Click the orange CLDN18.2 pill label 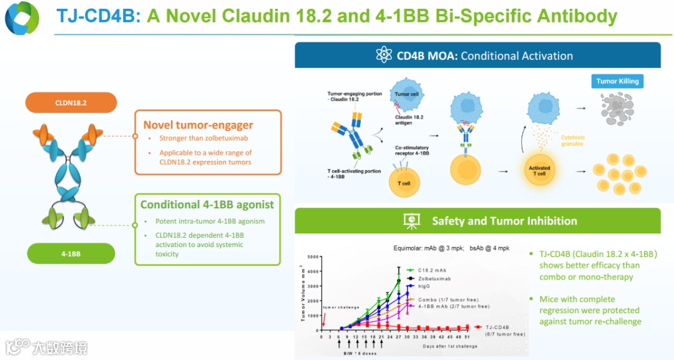click(71, 102)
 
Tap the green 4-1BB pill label click(71, 253)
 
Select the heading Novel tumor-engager click(198, 125)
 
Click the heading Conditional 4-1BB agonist click(207, 205)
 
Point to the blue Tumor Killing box click(617, 81)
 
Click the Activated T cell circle click(540, 170)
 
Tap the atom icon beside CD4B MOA click(384, 55)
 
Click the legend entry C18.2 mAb click(431, 271)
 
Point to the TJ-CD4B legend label click(497, 327)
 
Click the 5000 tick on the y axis click(312, 257)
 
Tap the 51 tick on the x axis click(467, 337)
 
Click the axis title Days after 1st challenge click(450, 346)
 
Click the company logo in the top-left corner click(22, 18)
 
